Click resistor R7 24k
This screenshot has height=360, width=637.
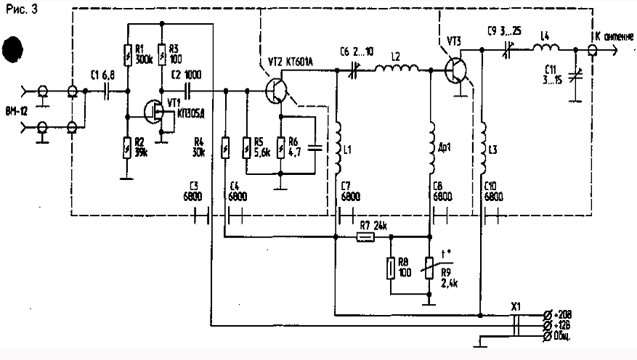click(x=366, y=237)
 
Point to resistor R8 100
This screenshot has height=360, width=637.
click(x=391, y=267)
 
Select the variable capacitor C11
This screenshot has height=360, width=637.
click(x=575, y=75)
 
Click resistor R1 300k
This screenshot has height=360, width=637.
click(x=128, y=54)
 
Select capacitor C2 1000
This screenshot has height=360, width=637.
click(x=188, y=91)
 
